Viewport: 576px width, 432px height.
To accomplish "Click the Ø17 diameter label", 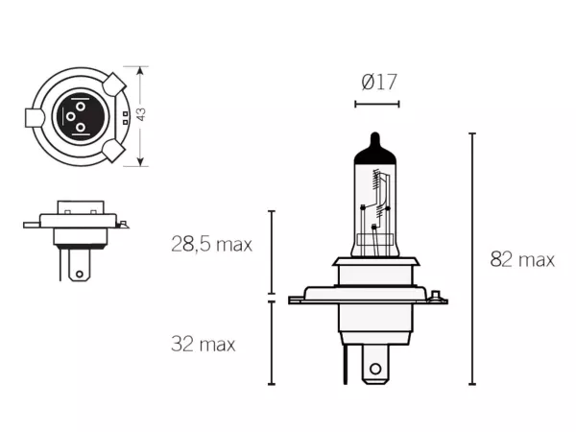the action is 379,82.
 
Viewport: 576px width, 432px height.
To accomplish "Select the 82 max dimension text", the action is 522,259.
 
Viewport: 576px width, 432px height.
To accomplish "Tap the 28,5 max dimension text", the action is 211,244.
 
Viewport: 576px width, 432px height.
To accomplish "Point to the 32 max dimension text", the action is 203,345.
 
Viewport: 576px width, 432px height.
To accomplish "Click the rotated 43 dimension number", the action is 141,114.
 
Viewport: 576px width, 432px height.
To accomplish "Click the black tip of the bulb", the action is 374,148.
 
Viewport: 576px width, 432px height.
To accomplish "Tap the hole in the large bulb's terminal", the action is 375,369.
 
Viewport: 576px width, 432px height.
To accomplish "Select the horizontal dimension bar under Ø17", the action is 377,105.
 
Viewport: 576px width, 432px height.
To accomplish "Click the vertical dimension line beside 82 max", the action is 472,258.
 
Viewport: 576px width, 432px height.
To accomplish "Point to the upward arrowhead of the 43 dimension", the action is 140,71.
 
